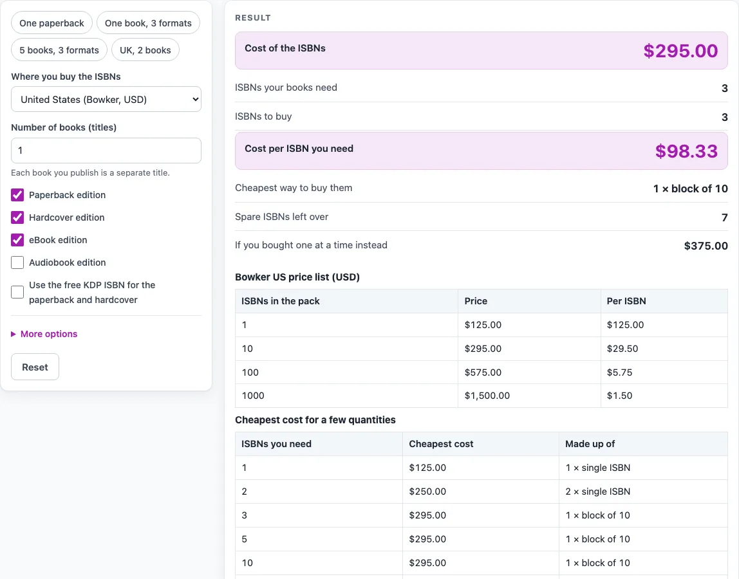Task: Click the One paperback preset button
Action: [x=52, y=23]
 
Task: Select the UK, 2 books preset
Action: [x=145, y=50]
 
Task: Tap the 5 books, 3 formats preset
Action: [x=59, y=50]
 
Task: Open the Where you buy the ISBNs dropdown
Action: [x=106, y=100]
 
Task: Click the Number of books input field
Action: [x=106, y=151]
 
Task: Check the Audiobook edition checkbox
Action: [x=17, y=262]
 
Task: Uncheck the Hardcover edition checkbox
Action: [x=17, y=217]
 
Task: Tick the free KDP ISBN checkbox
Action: [x=17, y=292]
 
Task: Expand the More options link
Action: [x=48, y=334]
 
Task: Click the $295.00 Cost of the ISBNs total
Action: [x=680, y=51]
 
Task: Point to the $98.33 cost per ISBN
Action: [x=686, y=151]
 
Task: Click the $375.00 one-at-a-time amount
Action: [x=706, y=246]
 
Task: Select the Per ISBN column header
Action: [x=626, y=301]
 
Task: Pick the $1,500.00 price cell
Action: [x=487, y=396]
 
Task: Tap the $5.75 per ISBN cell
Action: [x=619, y=372]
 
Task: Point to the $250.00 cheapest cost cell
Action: [x=427, y=492]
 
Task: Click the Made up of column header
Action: [x=590, y=444]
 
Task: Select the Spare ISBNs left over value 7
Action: [x=724, y=217]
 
